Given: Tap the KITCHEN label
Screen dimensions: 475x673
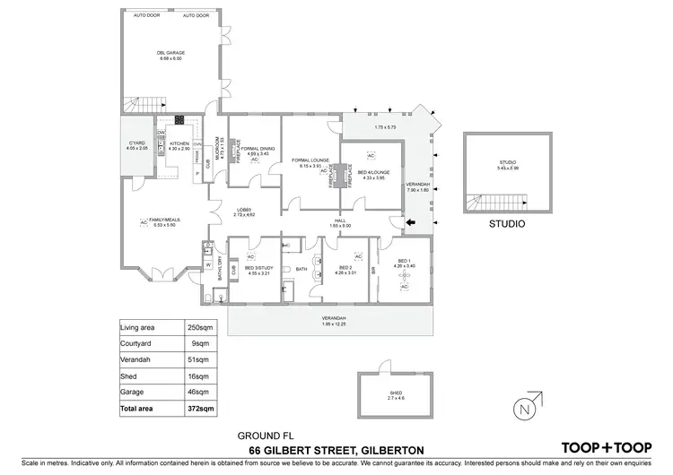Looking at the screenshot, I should pyautogui.click(x=178, y=143).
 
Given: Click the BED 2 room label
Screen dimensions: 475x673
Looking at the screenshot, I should pyautogui.click(x=345, y=267).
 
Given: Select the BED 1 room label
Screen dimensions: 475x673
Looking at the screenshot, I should pyautogui.click(x=405, y=262).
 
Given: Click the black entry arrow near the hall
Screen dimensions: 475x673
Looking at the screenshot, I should pyautogui.click(x=410, y=223).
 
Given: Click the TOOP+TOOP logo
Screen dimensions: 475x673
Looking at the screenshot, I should pyautogui.click(x=606, y=447).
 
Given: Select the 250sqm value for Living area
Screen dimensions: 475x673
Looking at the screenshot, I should pyautogui.click(x=197, y=327).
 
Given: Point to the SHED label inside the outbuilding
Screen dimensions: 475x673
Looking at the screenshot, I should pyautogui.click(x=396, y=392).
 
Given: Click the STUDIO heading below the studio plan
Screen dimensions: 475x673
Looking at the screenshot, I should pyautogui.click(x=505, y=224).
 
